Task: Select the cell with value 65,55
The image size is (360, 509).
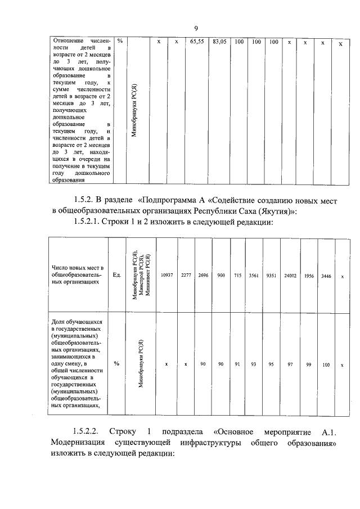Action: click(x=196, y=42)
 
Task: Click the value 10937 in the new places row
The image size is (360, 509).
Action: click(x=166, y=275)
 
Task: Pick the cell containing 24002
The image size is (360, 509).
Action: click(x=290, y=275)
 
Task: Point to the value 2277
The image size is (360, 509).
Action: click(x=186, y=275)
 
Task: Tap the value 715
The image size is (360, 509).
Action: click(x=237, y=275)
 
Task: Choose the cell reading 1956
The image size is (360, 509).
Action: click(x=309, y=275)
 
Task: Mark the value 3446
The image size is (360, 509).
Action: click(x=326, y=275)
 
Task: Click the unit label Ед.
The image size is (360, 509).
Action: click(x=116, y=275)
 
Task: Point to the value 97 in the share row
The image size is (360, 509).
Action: click(x=290, y=364)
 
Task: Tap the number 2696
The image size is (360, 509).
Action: click(x=203, y=275)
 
